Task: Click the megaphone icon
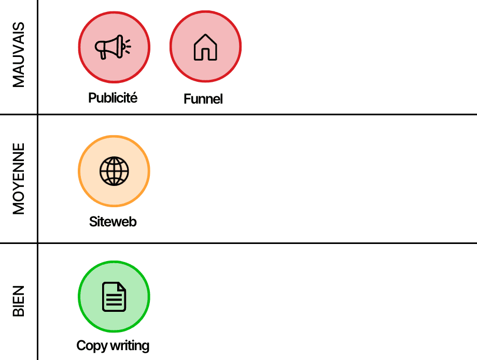tap(111, 47)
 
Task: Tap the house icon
tap(205, 47)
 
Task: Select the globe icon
tap(114, 171)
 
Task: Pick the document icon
tap(114, 297)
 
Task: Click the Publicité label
tap(113, 97)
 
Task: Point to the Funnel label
tap(203, 99)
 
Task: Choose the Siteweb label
tap(113, 222)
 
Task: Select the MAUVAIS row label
tap(19, 54)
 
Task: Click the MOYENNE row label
tap(19, 179)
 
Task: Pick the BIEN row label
tap(19, 301)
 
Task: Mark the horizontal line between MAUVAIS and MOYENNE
tap(259, 114)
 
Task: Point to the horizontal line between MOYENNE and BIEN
tap(259, 243)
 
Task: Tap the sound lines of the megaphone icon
tap(128, 46)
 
